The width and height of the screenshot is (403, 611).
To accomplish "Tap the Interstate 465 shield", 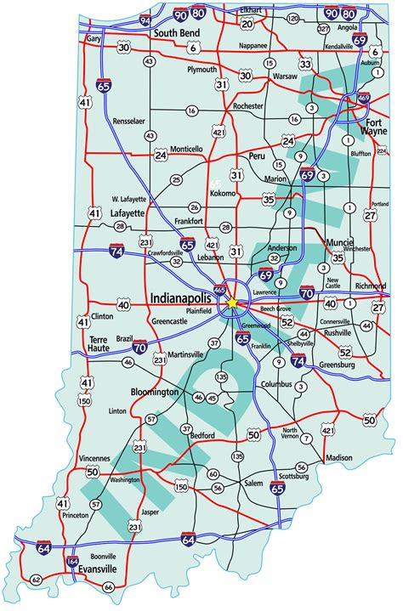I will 220,289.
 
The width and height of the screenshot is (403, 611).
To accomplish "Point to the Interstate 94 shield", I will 145,19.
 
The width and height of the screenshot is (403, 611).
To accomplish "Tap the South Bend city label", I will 176,34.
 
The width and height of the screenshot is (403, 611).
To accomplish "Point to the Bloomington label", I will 155,392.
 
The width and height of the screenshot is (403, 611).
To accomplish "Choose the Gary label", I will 94,39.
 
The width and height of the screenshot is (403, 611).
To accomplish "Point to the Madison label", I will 338,457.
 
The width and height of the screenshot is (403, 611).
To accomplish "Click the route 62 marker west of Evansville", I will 36,579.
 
